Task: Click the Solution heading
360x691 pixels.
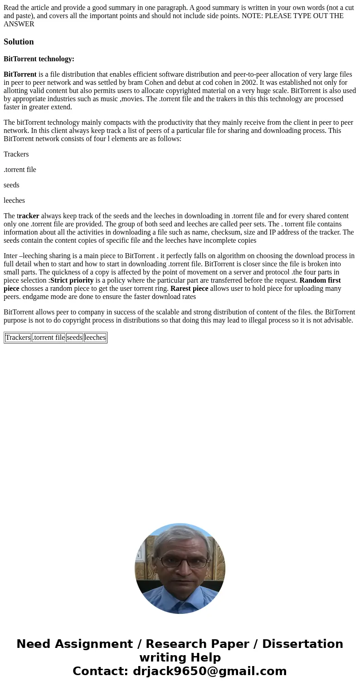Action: [19, 42]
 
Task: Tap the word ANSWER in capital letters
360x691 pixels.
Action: [19, 24]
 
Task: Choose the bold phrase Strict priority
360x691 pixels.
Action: [72, 280]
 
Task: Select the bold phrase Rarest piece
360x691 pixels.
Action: [189, 289]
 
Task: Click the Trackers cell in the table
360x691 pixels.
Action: [18, 338]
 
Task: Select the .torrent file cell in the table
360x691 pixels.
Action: [49, 338]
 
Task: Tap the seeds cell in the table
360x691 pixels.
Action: [75, 338]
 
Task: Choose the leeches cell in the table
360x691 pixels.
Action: [95, 338]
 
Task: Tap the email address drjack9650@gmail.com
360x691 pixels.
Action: [209, 671]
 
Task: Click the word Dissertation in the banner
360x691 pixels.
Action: [302, 644]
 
